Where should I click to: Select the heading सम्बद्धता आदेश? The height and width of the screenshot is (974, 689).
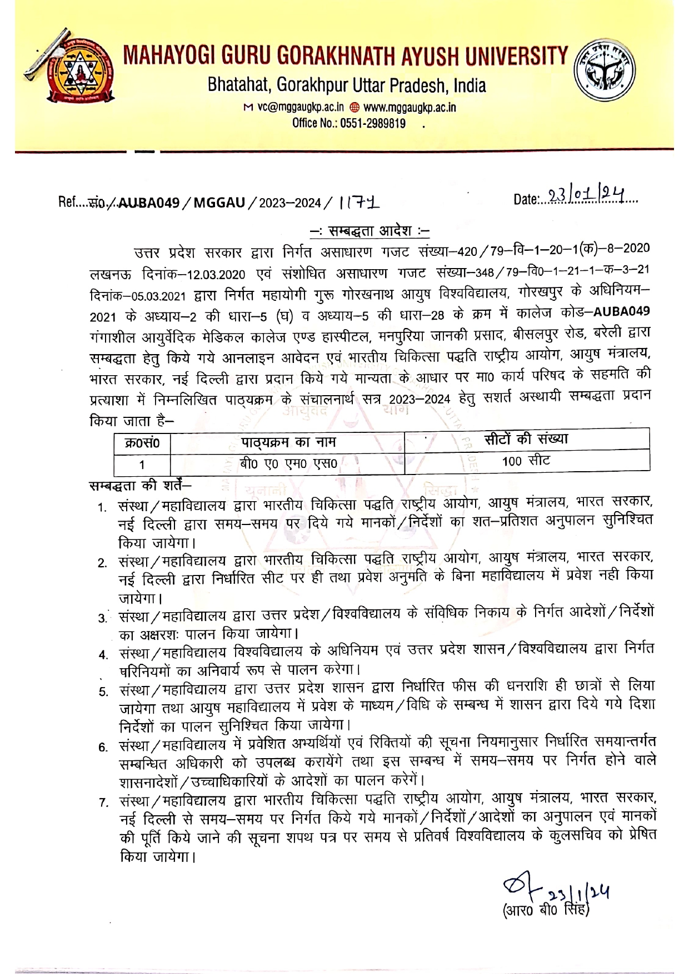click(x=369, y=231)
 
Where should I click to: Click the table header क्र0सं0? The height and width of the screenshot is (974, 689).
click(x=142, y=443)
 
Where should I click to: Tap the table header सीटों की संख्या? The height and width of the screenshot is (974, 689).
click(x=526, y=438)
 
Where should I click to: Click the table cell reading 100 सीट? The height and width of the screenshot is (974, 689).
click(x=526, y=461)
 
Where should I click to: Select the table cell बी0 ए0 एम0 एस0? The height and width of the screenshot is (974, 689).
click(x=288, y=463)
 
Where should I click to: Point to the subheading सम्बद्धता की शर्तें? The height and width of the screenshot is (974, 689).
click(x=140, y=485)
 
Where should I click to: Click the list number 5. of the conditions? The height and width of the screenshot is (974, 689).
click(x=103, y=692)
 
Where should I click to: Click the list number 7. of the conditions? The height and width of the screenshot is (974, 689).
click(x=103, y=803)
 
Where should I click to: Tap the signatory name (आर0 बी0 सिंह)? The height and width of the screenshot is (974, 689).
click(x=546, y=910)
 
